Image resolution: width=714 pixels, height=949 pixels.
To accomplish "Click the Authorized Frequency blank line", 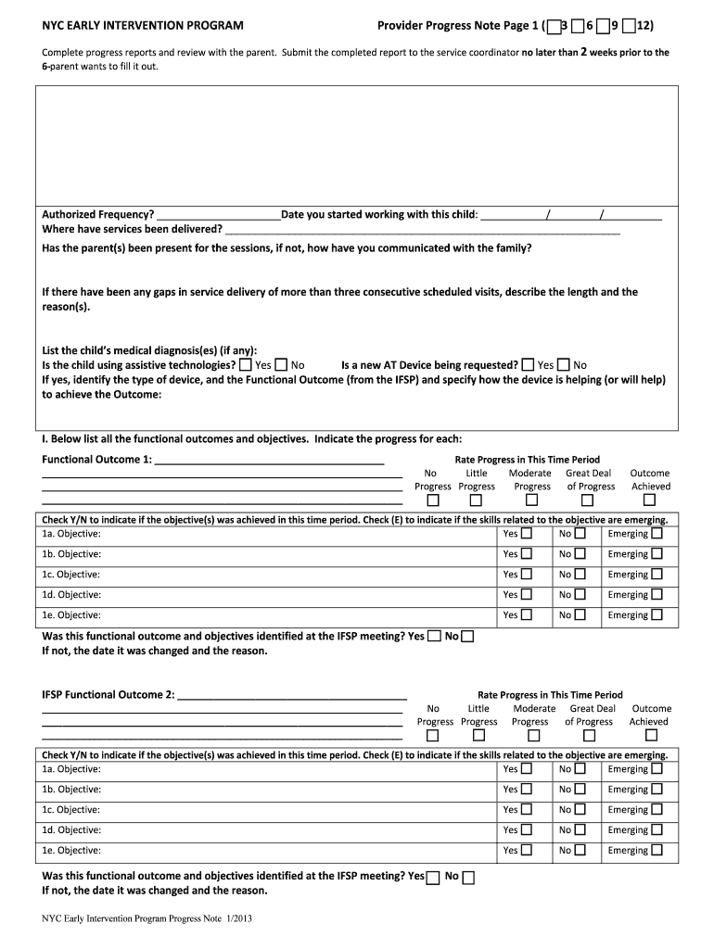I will point(218,215).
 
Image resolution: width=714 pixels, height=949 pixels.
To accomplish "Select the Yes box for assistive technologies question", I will point(245,365).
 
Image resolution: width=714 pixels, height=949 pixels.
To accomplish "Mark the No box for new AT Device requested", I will point(564,365).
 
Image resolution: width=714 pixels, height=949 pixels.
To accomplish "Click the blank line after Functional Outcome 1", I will point(269,460).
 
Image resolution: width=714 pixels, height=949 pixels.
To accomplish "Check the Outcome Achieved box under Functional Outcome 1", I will point(651,500).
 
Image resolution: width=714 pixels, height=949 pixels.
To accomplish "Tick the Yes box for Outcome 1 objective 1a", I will point(527,534).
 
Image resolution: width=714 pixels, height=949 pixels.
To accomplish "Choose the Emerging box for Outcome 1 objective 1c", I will point(657,575).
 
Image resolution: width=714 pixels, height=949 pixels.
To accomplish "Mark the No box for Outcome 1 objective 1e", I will point(580,615).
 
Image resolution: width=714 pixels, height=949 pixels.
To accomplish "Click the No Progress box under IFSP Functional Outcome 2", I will point(432,736).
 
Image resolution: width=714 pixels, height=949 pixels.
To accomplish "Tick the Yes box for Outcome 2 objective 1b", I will point(527,790).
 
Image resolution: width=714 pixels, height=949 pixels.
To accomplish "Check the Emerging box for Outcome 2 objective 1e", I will point(657,851).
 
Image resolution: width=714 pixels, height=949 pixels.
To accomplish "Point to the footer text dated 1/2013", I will point(141,919).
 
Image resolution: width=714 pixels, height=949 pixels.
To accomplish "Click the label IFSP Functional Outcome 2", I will point(108,695).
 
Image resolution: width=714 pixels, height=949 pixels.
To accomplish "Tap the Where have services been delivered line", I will point(422,229).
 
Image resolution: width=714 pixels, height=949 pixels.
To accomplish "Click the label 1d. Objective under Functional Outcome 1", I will point(71,595).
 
